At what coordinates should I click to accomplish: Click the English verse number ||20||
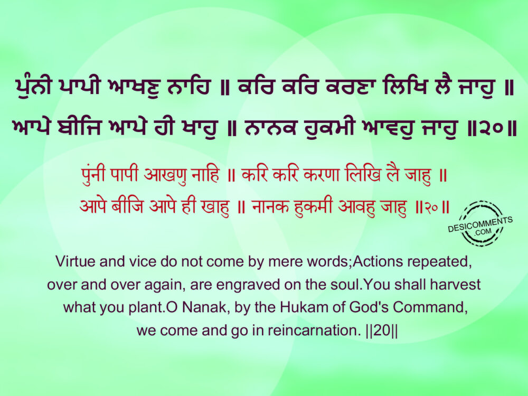(381, 331)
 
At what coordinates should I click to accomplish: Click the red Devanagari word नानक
(270, 206)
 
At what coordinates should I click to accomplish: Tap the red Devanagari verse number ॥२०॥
(432, 207)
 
